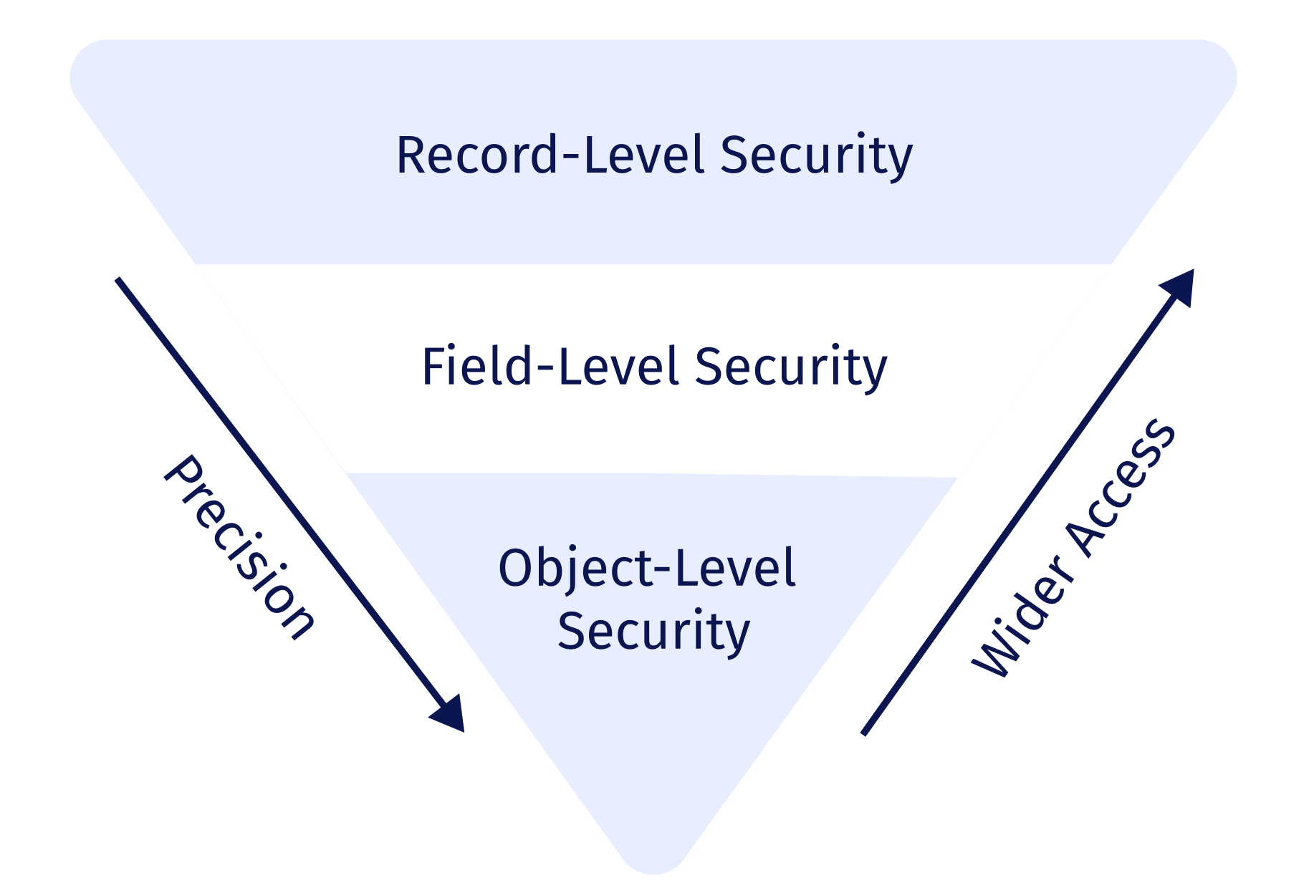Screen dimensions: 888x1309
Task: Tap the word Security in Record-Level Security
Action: [816, 156]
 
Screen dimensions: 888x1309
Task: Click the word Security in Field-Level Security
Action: [791, 367]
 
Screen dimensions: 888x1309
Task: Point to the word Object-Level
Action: [647, 569]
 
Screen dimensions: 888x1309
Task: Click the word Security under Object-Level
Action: [653, 632]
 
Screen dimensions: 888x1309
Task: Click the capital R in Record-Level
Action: [411, 155]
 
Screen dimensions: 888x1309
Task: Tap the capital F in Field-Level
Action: [433, 366]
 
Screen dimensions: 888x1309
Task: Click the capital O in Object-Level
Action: [515, 568]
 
